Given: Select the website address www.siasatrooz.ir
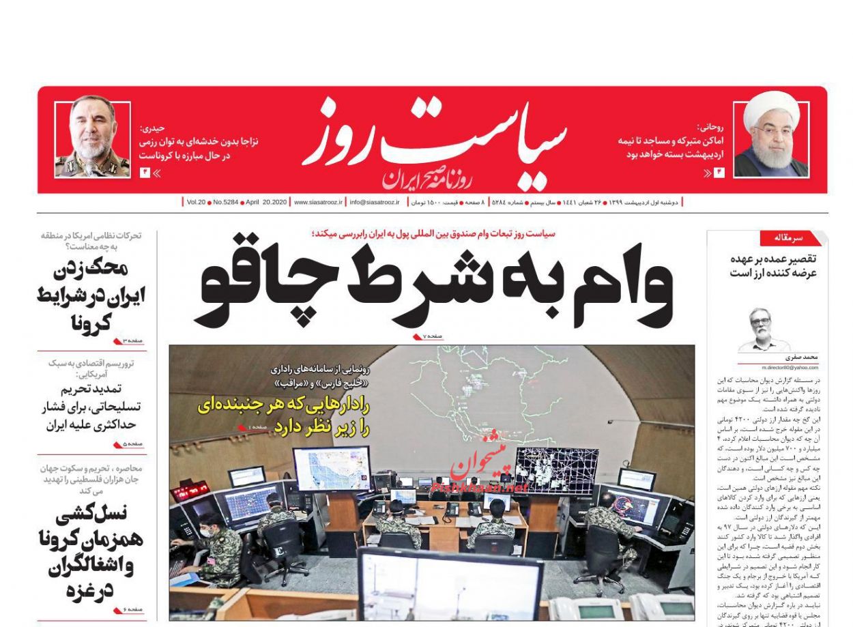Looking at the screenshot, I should [317, 203].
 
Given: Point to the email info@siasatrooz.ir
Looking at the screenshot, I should [375, 203].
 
